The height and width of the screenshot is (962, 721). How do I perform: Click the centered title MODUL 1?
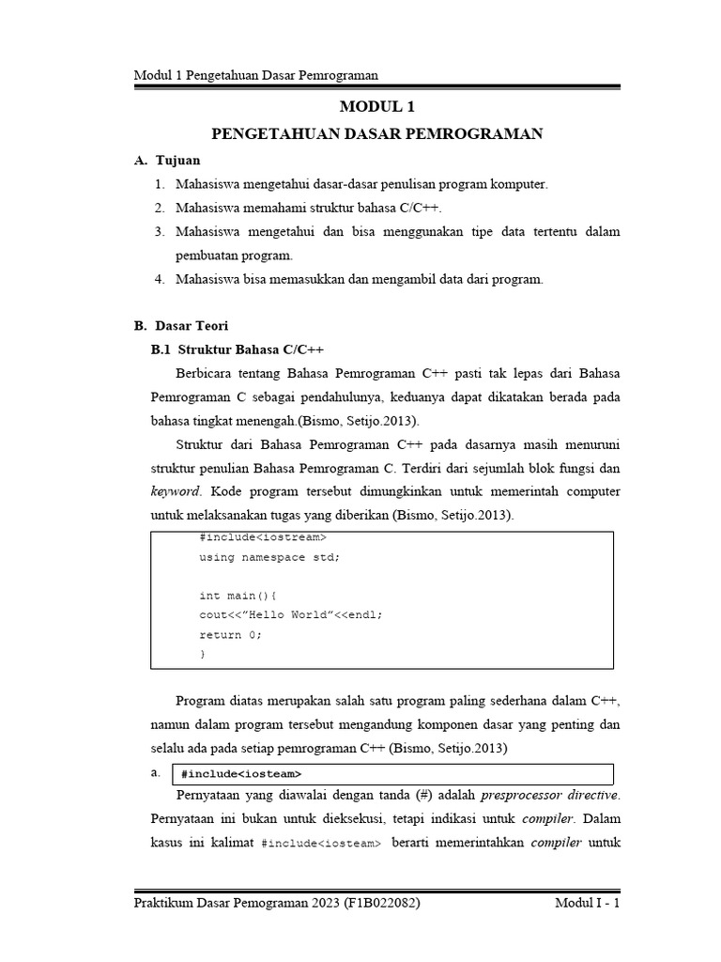point(376,108)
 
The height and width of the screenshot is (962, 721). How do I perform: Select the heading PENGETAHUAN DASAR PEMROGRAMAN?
point(376,134)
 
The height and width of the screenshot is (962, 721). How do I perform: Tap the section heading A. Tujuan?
point(168,161)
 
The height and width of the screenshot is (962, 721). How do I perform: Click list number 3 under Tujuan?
point(160,231)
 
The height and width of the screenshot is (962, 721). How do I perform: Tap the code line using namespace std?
point(269,557)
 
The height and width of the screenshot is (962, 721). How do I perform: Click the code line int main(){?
point(238,596)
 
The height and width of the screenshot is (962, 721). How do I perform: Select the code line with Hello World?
point(291,614)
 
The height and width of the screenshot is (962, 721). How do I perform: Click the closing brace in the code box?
point(202,654)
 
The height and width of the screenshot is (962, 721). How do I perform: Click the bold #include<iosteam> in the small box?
point(241,774)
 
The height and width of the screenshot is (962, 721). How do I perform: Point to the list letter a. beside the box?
point(156,772)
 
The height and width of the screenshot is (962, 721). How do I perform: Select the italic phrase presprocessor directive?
point(550,796)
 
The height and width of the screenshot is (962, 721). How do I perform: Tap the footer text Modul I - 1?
point(587,903)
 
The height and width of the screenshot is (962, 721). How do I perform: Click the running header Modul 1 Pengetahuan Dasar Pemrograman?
point(262,75)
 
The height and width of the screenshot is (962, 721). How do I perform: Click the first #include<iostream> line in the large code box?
point(262,537)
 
